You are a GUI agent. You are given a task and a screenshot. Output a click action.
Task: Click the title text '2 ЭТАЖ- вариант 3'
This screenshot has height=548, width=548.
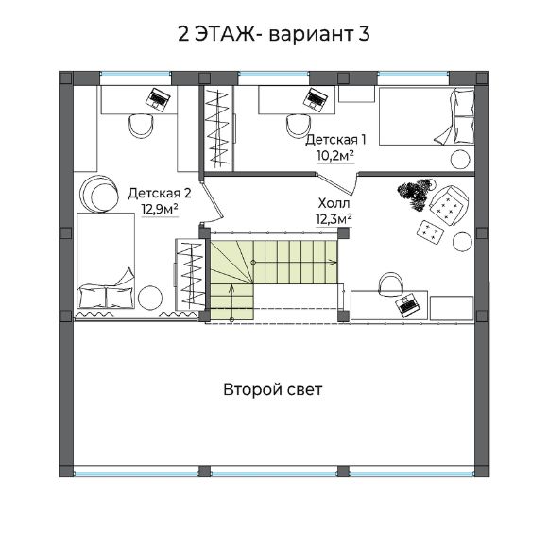pos(274,34)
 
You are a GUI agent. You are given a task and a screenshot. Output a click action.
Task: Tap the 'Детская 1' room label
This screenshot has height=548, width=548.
pos(335,140)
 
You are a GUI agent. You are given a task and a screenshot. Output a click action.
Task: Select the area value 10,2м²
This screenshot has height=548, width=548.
pos(335,156)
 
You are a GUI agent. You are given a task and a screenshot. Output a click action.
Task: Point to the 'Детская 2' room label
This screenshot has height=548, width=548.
pos(160,193)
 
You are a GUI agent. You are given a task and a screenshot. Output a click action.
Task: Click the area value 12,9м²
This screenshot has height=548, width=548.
pos(160,209)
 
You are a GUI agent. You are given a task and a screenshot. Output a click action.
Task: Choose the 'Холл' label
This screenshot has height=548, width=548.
pos(334,203)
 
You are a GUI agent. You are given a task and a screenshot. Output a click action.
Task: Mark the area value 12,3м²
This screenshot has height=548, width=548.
pos(334,219)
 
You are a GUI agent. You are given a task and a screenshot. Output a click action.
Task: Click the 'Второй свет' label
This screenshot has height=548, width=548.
pos(273,389)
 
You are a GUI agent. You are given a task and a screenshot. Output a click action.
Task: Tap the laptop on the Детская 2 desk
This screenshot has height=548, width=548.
pos(158,99)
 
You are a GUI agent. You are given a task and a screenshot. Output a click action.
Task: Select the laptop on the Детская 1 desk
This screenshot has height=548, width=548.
pos(316,99)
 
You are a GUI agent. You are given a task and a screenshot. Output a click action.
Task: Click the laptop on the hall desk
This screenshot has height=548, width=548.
pos(407,304)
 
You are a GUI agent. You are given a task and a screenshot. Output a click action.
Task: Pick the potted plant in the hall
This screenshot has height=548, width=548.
pos(416,194)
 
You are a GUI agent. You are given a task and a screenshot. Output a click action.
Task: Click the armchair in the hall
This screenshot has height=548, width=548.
pos(449,206)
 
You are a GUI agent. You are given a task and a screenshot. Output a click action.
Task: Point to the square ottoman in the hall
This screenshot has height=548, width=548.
pos(431,231)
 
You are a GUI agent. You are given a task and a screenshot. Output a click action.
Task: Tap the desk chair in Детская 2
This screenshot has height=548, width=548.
pos(141,126)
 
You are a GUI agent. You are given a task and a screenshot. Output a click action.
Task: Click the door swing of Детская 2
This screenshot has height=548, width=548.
pos(213,200)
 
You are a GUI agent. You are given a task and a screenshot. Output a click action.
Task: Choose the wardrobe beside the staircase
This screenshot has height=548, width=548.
pos(190,274)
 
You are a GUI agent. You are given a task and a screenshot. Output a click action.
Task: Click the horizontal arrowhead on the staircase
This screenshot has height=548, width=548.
pos(334,262)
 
